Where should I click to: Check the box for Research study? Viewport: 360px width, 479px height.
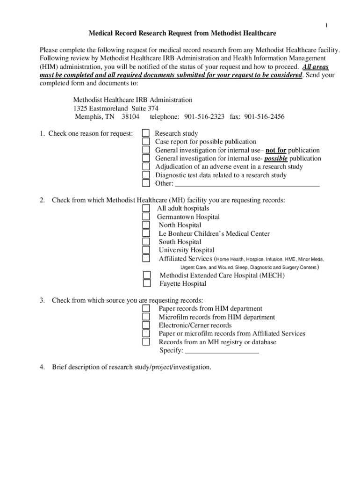tap(146, 134)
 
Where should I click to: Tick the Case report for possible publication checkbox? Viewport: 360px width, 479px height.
tap(146, 142)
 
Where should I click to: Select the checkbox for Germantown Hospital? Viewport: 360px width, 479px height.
tap(146, 217)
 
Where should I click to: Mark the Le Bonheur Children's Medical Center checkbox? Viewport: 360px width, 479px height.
tap(146, 233)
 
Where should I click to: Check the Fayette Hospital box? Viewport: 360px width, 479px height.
tap(147, 283)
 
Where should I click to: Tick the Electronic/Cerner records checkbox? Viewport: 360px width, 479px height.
tap(146, 325)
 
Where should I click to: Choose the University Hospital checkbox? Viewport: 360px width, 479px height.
tap(146, 250)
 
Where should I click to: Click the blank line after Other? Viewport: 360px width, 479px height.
tap(247, 183)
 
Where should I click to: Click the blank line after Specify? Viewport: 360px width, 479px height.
tap(222, 350)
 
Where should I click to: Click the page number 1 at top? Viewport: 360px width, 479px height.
tap(327, 25)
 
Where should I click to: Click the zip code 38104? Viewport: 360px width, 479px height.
tap(130, 116)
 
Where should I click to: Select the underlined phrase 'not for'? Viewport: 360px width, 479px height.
tap(276, 150)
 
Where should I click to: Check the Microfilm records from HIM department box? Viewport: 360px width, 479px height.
tap(146, 317)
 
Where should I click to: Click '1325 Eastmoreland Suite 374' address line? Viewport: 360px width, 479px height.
tap(112, 108)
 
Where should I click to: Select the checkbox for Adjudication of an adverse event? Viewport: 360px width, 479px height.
tap(146, 167)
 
